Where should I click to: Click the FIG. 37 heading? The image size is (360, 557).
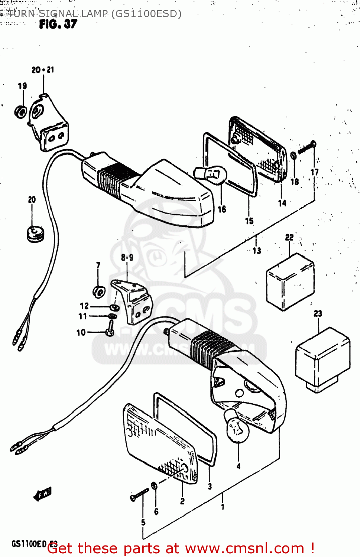(x=58, y=25)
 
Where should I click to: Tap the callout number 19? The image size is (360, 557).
(x=22, y=86)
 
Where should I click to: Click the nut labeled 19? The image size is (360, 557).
(x=20, y=111)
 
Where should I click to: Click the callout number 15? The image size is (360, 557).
(x=249, y=221)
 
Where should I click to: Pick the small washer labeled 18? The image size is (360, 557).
(x=293, y=155)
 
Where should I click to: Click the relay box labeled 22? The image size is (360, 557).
(x=290, y=281)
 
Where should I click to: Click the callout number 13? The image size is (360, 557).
(x=257, y=251)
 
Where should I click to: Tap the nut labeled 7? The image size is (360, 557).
(x=99, y=291)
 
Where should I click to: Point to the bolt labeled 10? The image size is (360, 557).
(x=110, y=329)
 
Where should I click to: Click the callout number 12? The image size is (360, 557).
(x=84, y=306)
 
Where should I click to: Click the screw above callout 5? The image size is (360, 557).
(x=139, y=494)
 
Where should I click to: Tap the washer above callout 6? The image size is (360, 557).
(x=154, y=486)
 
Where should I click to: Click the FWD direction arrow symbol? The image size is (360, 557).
(x=43, y=494)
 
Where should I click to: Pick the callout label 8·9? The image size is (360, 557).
(x=127, y=257)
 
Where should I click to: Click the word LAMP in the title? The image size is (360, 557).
(x=94, y=14)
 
